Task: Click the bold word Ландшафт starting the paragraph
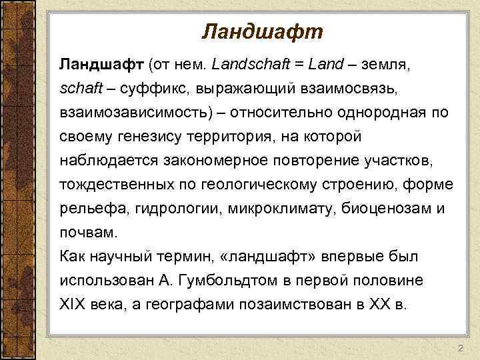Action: tap(101, 65)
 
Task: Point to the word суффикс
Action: tap(145, 89)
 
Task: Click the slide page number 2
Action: tap(460, 349)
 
